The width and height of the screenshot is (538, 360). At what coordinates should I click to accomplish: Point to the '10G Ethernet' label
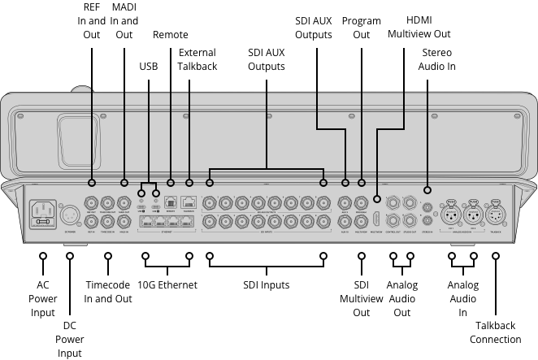tap(167, 285)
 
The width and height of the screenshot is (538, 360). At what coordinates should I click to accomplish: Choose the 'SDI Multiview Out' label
tap(361, 298)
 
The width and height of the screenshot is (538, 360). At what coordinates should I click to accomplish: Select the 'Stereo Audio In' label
tap(437, 59)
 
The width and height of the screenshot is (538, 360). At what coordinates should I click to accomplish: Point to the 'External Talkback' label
tap(197, 59)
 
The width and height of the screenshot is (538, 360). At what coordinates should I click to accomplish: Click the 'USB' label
tap(149, 65)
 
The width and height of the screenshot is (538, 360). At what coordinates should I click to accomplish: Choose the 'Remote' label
tap(171, 35)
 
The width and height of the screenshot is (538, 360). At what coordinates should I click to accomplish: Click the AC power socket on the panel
tap(43, 215)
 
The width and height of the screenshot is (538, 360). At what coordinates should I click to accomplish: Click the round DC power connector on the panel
tap(69, 215)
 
